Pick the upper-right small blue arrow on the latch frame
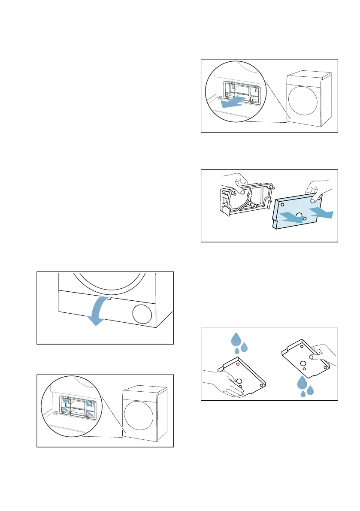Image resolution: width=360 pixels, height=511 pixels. point(89,403)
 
